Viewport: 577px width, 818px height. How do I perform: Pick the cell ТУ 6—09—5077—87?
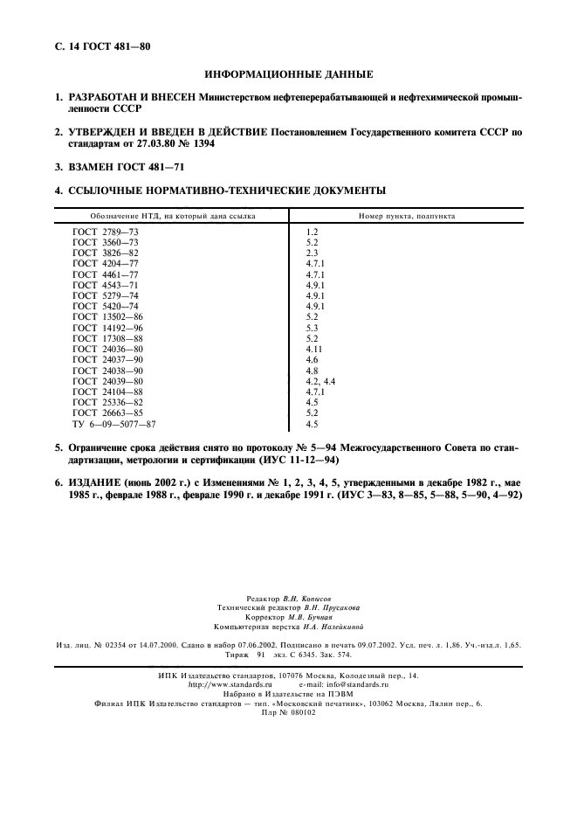[114, 424]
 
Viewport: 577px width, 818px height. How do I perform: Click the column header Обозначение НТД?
[169, 215]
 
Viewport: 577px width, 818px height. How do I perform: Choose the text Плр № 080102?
[288, 712]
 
